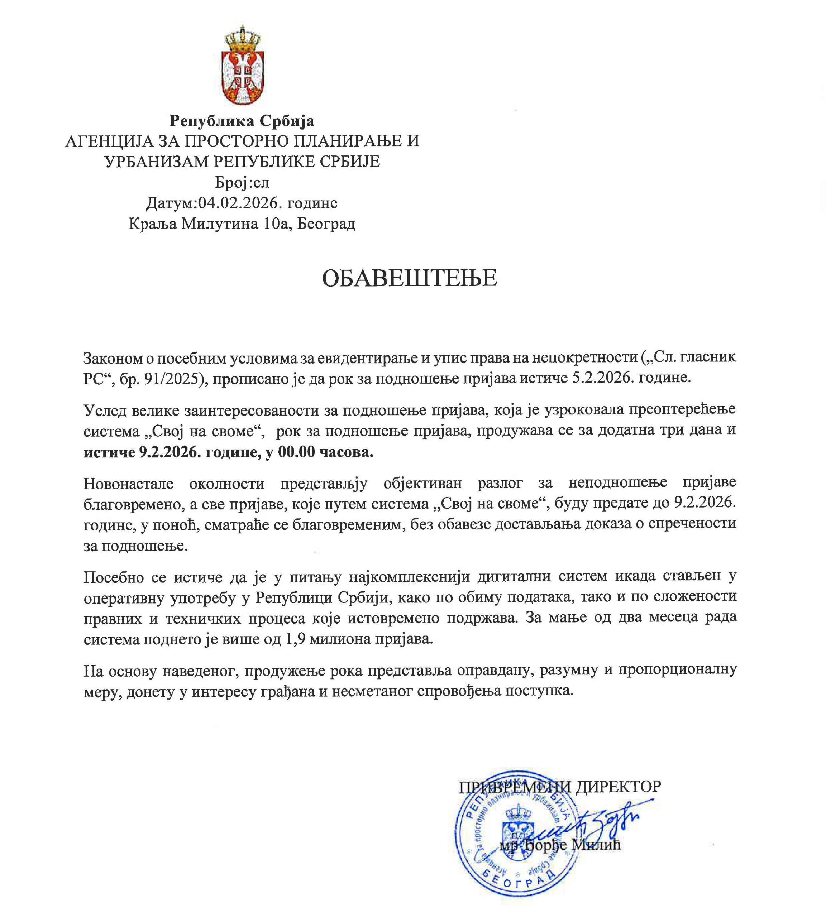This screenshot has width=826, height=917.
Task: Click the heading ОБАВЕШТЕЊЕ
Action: [x=409, y=278]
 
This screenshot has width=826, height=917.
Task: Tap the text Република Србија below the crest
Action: [x=242, y=121]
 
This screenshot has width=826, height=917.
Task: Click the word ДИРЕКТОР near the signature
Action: [x=618, y=786]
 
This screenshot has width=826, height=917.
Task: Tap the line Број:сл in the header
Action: [x=242, y=182]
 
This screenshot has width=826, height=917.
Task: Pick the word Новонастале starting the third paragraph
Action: [x=128, y=484]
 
